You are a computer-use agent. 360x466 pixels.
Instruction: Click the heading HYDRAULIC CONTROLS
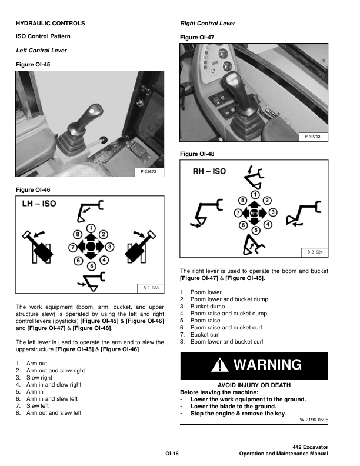pos(50,24)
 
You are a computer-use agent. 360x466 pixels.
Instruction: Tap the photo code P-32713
pos(315,137)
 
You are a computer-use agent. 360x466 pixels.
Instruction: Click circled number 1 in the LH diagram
pos(91,228)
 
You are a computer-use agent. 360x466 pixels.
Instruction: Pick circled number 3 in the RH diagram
pos(273,212)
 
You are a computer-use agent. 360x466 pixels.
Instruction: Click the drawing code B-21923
pos(150,288)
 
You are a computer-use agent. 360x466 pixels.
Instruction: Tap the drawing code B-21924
pos(315,252)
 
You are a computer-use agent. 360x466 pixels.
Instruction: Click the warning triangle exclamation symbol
pos(220,365)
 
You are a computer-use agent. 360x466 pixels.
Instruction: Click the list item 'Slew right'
pos(39,378)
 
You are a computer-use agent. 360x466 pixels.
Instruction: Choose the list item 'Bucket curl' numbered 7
pos(206,334)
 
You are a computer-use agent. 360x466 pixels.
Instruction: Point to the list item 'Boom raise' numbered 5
pos(206,320)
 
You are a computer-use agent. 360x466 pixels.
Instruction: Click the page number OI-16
pos(172,453)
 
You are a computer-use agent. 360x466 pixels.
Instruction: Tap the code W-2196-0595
pos(314,420)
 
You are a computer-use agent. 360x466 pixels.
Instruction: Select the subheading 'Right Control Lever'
pos(207,24)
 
